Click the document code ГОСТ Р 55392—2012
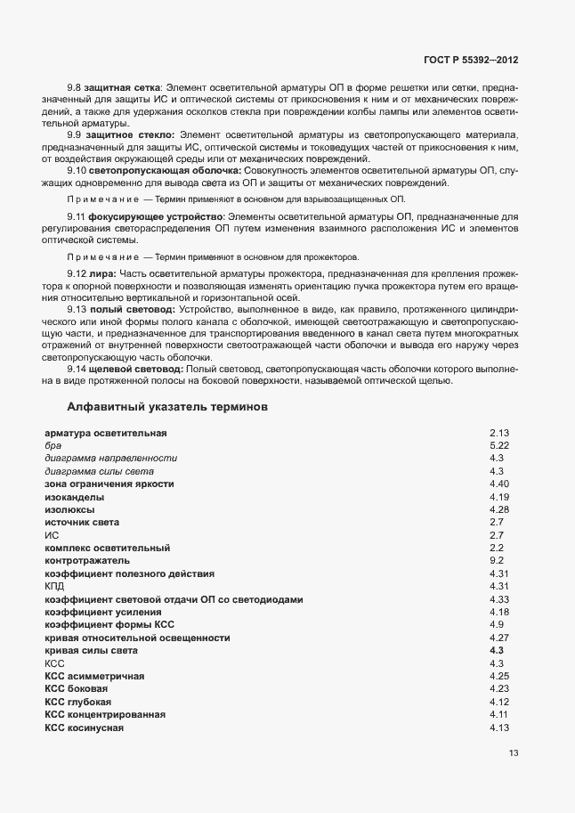(x=472, y=61)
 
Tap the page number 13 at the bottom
(x=514, y=753)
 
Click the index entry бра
(x=51, y=445)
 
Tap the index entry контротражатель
(x=86, y=561)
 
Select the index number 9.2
(x=498, y=561)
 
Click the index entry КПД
(x=54, y=587)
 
